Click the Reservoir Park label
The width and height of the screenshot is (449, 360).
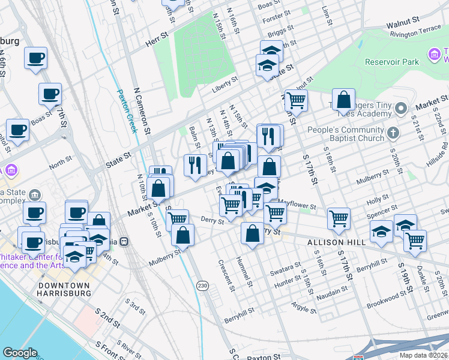[394, 62]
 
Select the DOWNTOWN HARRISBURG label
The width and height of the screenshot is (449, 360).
[64, 289]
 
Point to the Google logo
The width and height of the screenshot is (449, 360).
[20, 352]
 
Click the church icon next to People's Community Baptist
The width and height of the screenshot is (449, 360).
[393, 133]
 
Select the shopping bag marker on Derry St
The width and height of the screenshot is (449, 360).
[253, 233]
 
